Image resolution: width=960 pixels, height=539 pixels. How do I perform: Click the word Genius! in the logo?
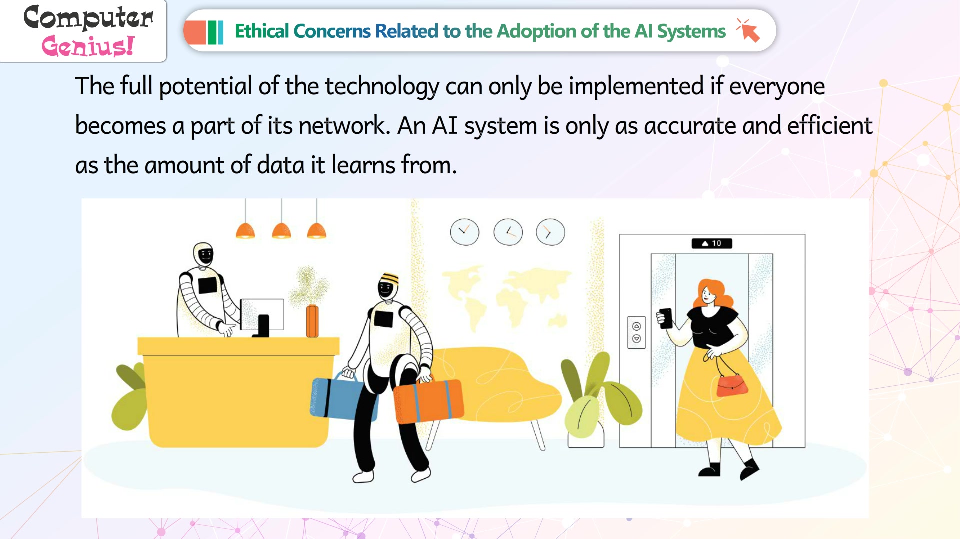coord(88,46)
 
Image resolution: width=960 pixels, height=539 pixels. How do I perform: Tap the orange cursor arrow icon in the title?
coord(748,30)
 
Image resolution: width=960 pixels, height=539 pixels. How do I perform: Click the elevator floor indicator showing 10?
coord(712,243)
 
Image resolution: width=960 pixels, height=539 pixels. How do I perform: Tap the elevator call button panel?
coord(636,332)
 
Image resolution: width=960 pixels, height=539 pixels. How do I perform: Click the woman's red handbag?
coord(732,385)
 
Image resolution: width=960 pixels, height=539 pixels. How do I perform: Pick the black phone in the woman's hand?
coord(665,318)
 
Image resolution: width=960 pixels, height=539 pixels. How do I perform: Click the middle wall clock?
coord(508,232)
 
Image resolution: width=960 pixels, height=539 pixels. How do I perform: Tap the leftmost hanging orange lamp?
coord(245,231)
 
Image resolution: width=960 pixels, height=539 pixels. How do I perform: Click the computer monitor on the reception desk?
coord(262,315)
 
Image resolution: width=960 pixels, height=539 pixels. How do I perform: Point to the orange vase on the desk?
coord(312,320)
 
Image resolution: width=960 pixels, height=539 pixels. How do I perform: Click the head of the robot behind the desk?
coord(204,255)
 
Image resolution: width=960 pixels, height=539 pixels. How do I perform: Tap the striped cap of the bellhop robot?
coord(389,278)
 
